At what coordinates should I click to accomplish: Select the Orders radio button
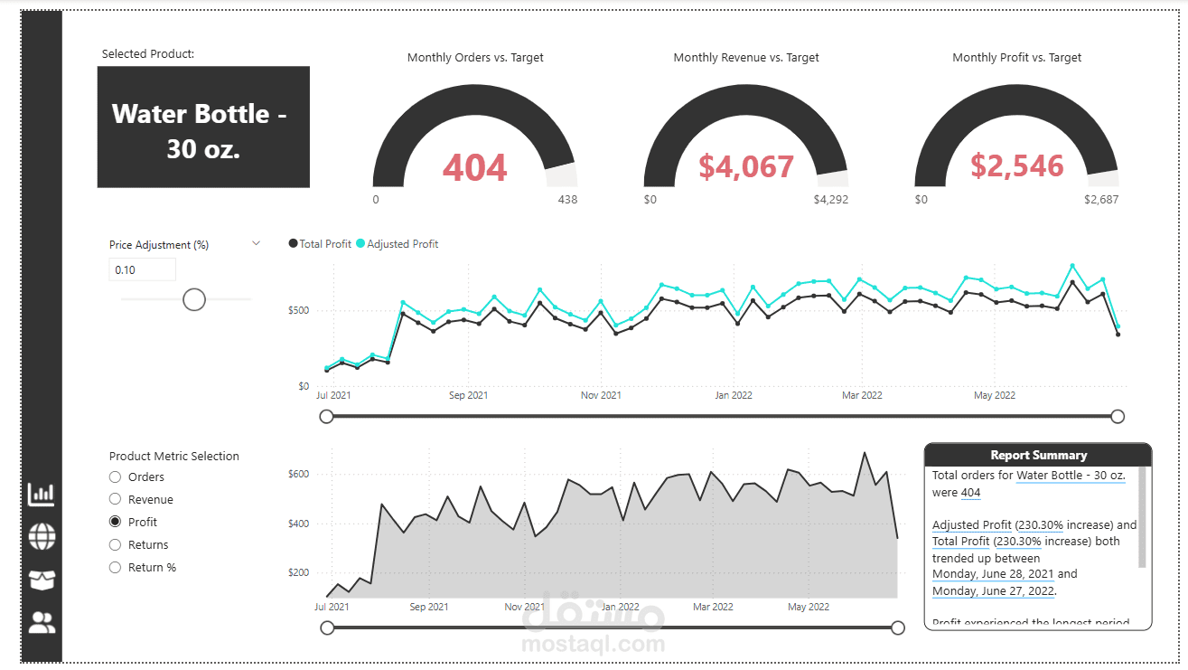[x=115, y=477]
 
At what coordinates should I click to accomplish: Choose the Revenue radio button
[x=115, y=499]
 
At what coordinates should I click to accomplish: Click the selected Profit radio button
[x=115, y=522]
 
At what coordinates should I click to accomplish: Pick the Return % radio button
[x=115, y=568]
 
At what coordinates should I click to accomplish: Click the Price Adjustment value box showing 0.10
[x=142, y=269]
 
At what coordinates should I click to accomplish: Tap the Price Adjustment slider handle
[x=194, y=299]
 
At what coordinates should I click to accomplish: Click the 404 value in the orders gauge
[x=475, y=167]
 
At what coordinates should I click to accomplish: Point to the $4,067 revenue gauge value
[x=746, y=166]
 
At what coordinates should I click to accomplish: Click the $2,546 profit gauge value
[x=1017, y=166]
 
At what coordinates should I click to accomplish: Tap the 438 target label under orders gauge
[x=567, y=200]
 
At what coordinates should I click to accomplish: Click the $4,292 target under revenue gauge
[x=830, y=200]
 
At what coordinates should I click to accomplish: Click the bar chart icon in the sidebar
[x=42, y=494]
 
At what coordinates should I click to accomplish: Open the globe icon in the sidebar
[x=42, y=536]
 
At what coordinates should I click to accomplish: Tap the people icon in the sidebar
[x=42, y=622]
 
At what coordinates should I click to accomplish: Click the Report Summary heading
[x=1038, y=455]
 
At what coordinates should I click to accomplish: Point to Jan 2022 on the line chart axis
[x=733, y=395]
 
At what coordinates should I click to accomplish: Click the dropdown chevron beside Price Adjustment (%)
[x=256, y=243]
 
